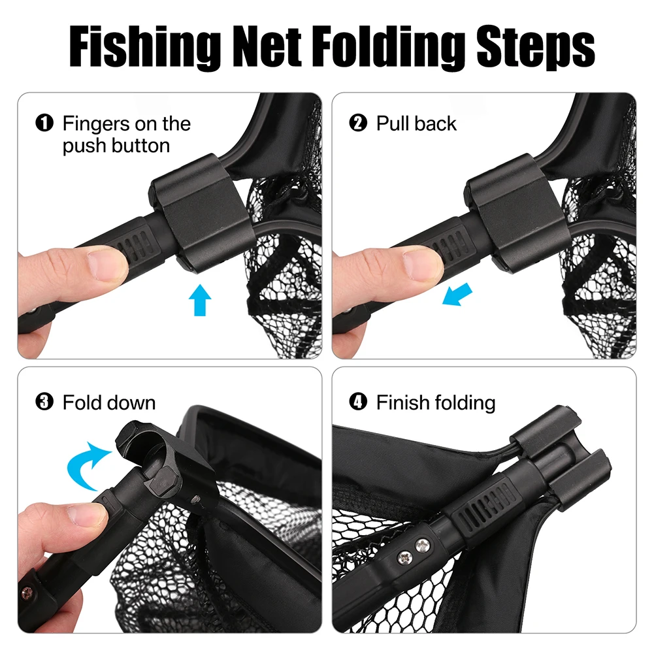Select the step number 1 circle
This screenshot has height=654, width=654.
click(x=44, y=123)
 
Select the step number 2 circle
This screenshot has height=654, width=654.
click(x=359, y=123)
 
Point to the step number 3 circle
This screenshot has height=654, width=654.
click(x=44, y=402)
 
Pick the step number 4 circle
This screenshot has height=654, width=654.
click(x=359, y=402)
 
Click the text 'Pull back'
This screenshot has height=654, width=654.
click(x=416, y=123)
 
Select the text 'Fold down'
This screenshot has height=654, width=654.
click(x=109, y=402)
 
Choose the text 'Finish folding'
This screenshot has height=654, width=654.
click(x=436, y=402)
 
